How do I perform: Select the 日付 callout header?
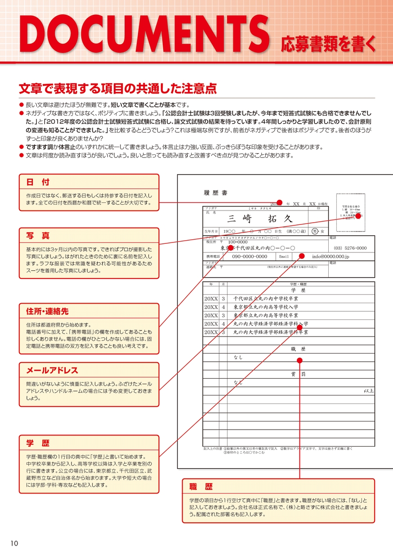tap(31, 182)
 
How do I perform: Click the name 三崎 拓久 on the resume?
tap(260, 219)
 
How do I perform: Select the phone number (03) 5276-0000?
tap(350, 248)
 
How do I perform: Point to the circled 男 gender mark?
tap(315, 231)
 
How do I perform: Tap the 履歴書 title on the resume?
tap(215, 193)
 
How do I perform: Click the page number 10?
tap(14, 543)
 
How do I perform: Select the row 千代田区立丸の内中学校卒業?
tap(265, 299)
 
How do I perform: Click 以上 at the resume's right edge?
tap(369, 391)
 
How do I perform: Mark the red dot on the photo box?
tap(358, 216)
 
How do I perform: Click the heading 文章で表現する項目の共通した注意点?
tap(117, 88)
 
